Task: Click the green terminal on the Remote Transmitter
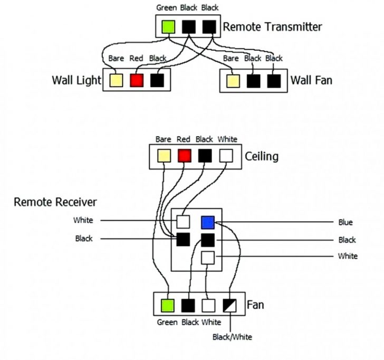coord(167,26)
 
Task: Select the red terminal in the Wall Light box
coord(137,80)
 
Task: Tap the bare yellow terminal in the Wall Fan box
coord(232,80)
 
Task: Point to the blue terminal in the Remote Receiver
coord(208,222)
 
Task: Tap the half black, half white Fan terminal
coord(229,306)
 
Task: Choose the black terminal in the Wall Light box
coord(157,80)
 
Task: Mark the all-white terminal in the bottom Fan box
coord(208,306)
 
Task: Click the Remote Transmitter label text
coord(273,26)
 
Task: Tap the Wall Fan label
coord(311,81)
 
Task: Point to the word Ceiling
coord(262,157)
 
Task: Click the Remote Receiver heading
coord(55,202)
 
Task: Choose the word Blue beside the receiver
coord(346,223)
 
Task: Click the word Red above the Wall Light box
coord(137,59)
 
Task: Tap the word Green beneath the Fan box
coord(167,322)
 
